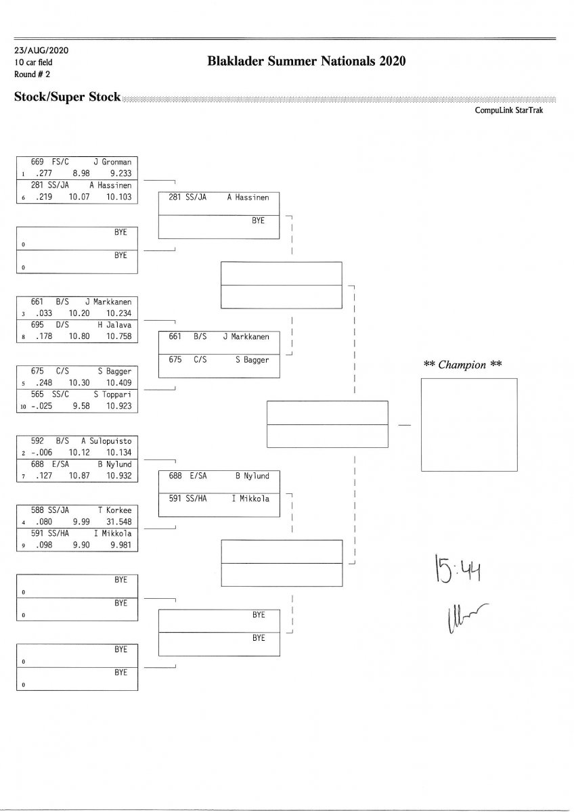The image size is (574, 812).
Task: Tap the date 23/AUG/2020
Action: click(x=41, y=51)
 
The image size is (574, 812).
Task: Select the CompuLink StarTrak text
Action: click(x=508, y=110)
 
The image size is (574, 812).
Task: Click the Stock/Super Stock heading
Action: click(x=67, y=97)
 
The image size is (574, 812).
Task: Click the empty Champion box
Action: click(x=468, y=424)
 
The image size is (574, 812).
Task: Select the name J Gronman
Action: click(x=112, y=162)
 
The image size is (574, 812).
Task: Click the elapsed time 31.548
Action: click(x=118, y=522)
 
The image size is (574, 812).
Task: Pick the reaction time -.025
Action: click(x=41, y=407)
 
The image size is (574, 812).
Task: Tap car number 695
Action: click(x=38, y=325)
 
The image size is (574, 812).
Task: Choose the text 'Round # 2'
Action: click(x=32, y=74)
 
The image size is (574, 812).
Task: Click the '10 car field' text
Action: click(x=33, y=62)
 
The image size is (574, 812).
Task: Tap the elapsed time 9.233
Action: click(x=120, y=173)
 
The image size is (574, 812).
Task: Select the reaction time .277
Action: click(x=42, y=173)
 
